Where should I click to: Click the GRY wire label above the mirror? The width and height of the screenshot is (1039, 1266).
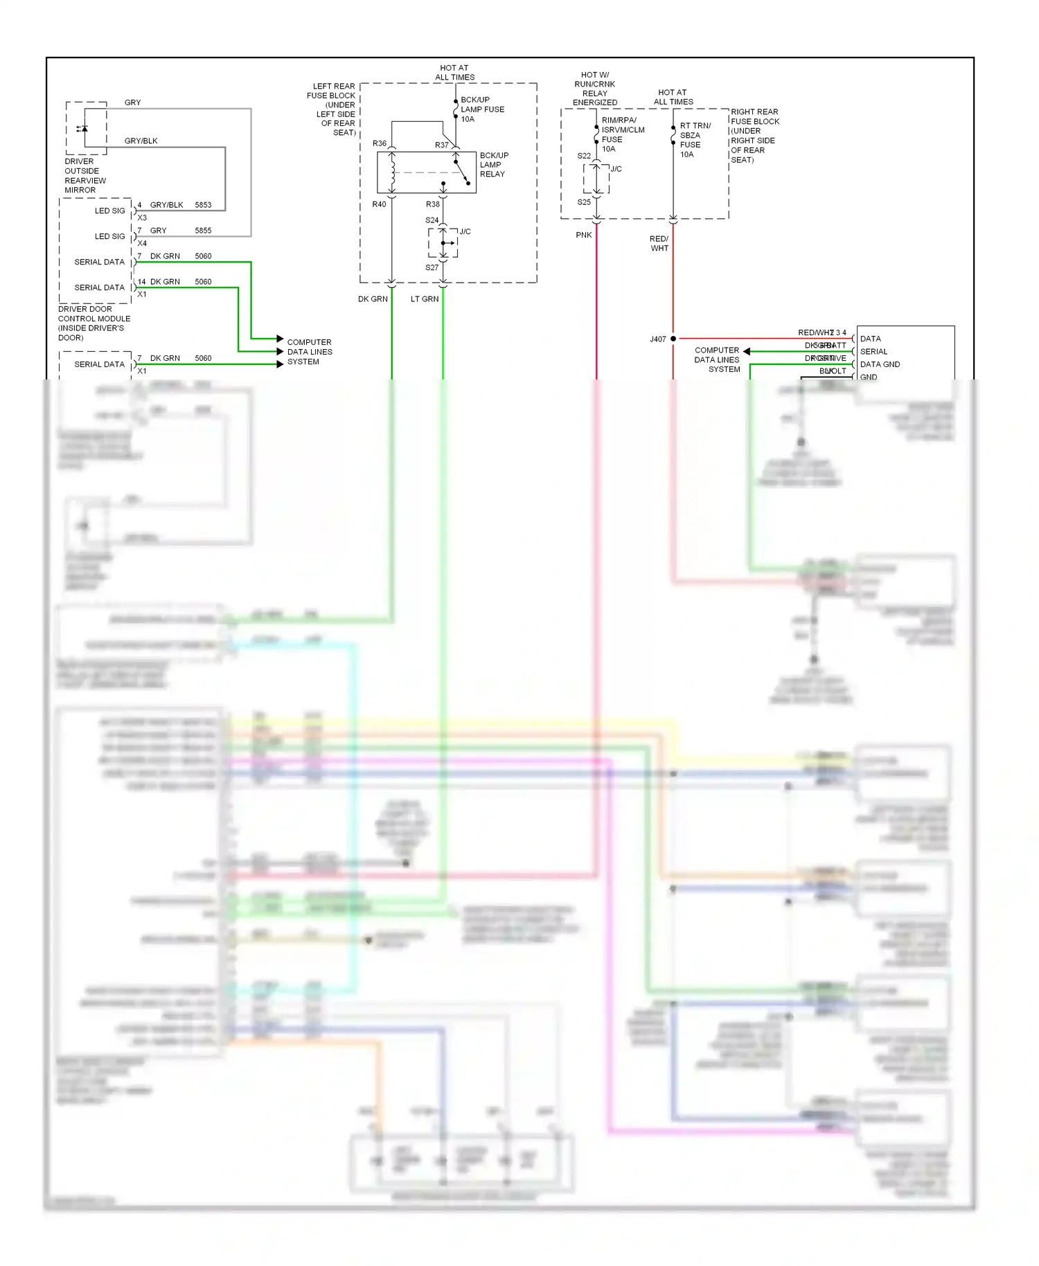pyautogui.click(x=132, y=102)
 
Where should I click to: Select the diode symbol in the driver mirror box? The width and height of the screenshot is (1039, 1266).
pyautogui.click(x=83, y=128)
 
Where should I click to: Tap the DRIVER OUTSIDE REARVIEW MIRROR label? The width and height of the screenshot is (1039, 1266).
pyautogui.click(x=85, y=176)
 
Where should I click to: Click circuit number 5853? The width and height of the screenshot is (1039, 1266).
pyautogui.click(x=203, y=205)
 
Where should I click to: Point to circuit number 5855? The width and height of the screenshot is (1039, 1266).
pyautogui.click(x=203, y=231)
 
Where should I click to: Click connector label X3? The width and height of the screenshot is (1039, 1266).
pyautogui.click(x=142, y=217)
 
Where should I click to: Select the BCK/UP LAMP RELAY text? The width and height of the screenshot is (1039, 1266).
pyautogui.click(x=493, y=165)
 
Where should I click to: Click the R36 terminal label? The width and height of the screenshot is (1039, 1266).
pyautogui.click(x=379, y=143)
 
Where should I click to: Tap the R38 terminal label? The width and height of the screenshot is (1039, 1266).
pyautogui.click(x=432, y=204)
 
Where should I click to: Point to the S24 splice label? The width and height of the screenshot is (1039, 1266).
pyautogui.click(x=432, y=220)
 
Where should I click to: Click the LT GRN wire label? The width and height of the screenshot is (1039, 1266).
pyautogui.click(x=425, y=299)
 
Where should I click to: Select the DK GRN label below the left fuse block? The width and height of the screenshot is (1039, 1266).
pyautogui.click(x=373, y=299)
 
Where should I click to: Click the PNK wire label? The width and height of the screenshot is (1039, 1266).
pyautogui.click(x=584, y=235)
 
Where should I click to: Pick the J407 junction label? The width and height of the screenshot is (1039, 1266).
pyautogui.click(x=657, y=339)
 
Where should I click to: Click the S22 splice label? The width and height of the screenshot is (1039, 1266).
pyautogui.click(x=584, y=156)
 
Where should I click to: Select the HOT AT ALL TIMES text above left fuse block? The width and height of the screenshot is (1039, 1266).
pyautogui.click(x=454, y=73)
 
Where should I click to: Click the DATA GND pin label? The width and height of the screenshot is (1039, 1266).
pyautogui.click(x=880, y=364)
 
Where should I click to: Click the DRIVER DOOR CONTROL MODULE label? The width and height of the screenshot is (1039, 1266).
pyautogui.click(x=94, y=323)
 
